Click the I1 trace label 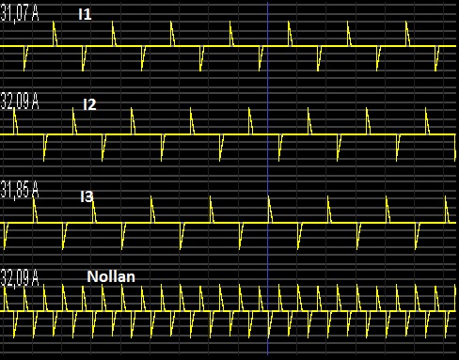pyautogui.click(x=85, y=14)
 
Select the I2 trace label pyautogui.click(x=89, y=104)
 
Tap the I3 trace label pyautogui.click(x=87, y=196)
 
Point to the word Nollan pyautogui.click(x=111, y=276)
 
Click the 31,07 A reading pyautogui.click(x=20, y=14)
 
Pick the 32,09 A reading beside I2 pyautogui.click(x=20, y=102)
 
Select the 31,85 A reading pyautogui.click(x=20, y=190)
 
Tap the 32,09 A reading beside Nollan pyautogui.click(x=20, y=278)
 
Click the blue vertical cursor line pyautogui.click(x=267, y=179)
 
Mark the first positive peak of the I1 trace pyautogui.click(x=54, y=22)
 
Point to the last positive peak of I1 pyautogui.click(x=406, y=22)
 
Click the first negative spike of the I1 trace pyautogui.click(x=24, y=70)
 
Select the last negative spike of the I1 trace pyautogui.click(x=435, y=70)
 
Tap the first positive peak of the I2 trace pyautogui.click(x=14, y=109)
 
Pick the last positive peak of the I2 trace pyautogui.click(x=426, y=109)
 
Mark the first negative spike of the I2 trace pyautogui.click(x=44, y=160)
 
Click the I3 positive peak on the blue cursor pyautogui.click(x=269, y=197)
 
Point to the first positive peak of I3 pyautogui.click(x=34, y=197)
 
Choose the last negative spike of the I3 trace pyautogui.click(x=416, y=248)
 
